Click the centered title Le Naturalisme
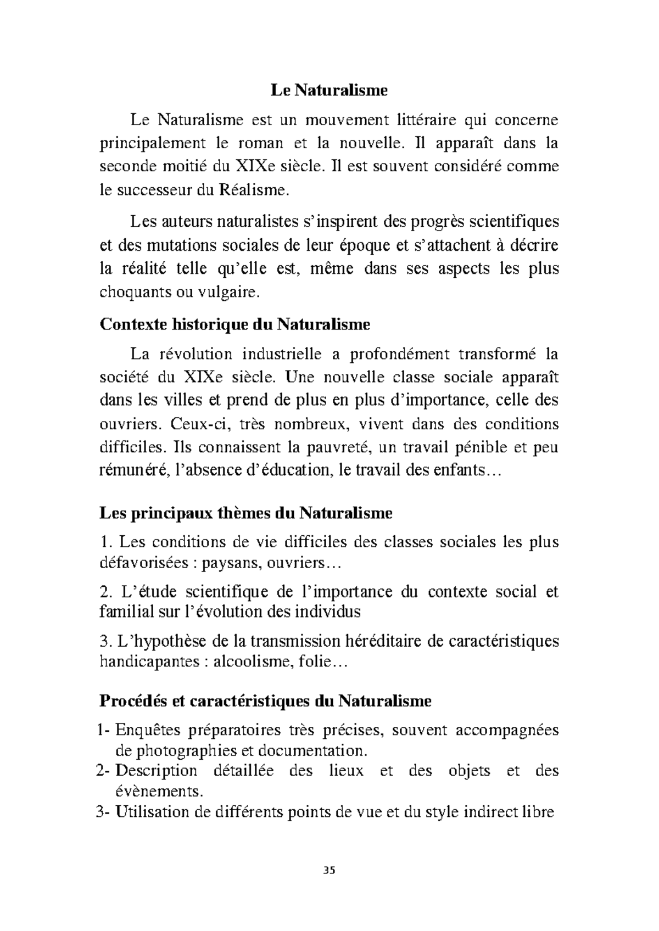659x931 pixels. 329,90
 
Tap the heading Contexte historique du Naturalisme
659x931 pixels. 234,324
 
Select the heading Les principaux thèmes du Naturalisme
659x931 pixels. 245,513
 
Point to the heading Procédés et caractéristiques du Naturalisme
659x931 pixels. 265,701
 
